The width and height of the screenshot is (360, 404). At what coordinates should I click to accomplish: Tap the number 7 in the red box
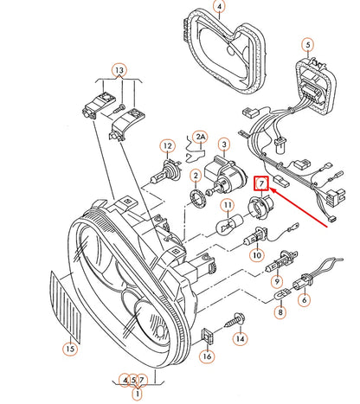pos(261,182)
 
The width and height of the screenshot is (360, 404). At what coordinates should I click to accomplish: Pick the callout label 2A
pos(201,137)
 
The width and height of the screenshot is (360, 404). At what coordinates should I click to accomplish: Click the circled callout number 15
pos(70,349)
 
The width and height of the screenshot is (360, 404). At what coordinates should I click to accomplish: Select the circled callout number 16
pos(206,355)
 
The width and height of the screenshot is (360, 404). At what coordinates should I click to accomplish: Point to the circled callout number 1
pos(135,394)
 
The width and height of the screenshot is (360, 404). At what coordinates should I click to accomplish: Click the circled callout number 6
pos(304,301)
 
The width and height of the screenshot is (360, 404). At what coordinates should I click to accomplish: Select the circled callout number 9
pos(277,280)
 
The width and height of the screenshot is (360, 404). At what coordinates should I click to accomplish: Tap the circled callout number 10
pos(257,256)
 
